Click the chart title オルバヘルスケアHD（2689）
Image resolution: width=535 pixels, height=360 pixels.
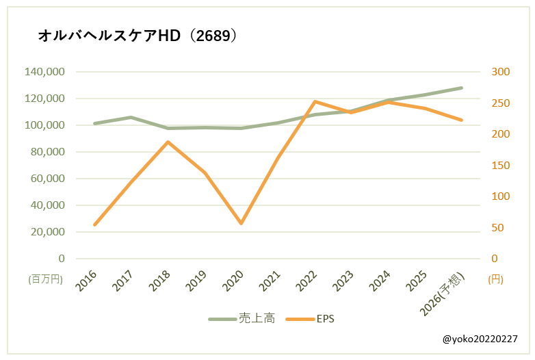click(x=138, y=36)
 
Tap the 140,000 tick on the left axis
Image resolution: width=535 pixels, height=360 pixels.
click(x=44, y=72)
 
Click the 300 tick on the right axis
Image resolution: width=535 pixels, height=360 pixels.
click(x=501, y=72)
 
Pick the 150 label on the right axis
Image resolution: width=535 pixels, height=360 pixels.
click(x=501, y=166)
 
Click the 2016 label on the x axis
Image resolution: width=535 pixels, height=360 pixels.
click(x=86, y=281)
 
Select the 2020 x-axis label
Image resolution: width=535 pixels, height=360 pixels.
click(x=233, y=281)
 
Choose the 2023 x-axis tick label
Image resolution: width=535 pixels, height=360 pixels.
click(x=342, y=281)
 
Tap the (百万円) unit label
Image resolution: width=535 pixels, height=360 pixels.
click(x=45, y=279)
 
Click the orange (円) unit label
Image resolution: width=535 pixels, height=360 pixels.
click(x=495, y=279)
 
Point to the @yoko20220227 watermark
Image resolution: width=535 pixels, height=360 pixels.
click(x=480, y=339)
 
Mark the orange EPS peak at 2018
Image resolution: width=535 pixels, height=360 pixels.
click(x=168, y=142)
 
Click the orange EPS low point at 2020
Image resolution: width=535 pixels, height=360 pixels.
click(x=241, y=224)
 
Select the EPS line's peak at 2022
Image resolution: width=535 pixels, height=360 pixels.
click(x=315, y=101)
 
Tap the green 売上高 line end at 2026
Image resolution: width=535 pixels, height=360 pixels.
click(x=462, y=88)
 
